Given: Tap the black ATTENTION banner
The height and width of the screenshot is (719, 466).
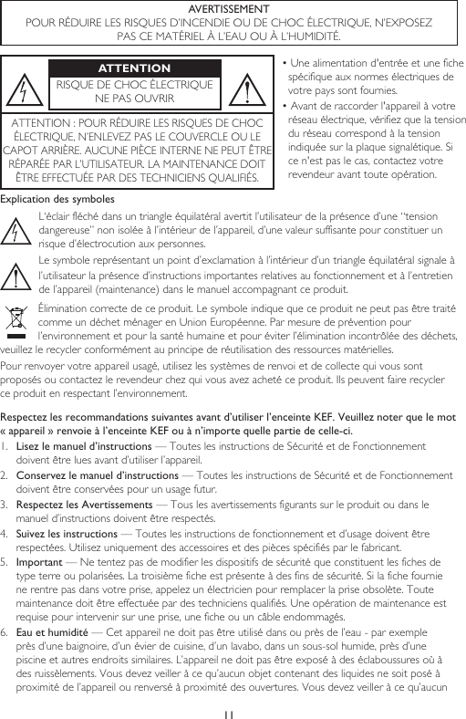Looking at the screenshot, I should click(134, 68).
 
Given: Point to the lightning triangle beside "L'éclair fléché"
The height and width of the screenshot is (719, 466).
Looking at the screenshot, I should click(17, 230).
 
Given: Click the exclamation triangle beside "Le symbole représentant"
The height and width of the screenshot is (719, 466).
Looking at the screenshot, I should click(17, 276).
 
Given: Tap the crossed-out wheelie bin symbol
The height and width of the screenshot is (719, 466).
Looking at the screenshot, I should click(17, 321).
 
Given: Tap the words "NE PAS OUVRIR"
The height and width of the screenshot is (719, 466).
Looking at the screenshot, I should click(134, 99).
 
